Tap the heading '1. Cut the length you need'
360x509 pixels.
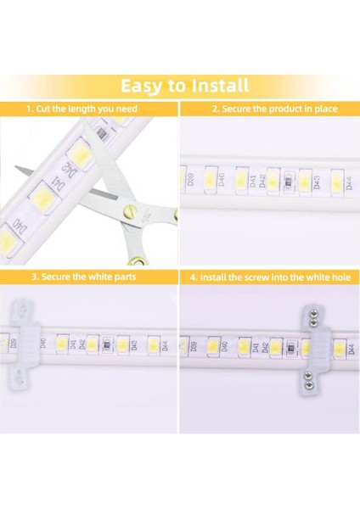click(x=82, y=109)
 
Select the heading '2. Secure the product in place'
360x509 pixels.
click(x=273, y=109)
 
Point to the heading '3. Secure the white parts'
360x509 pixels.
click(x=83, y=277)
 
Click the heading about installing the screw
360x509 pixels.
click(x=269, y=277)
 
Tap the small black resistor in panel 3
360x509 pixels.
click(x=104, y=345)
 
